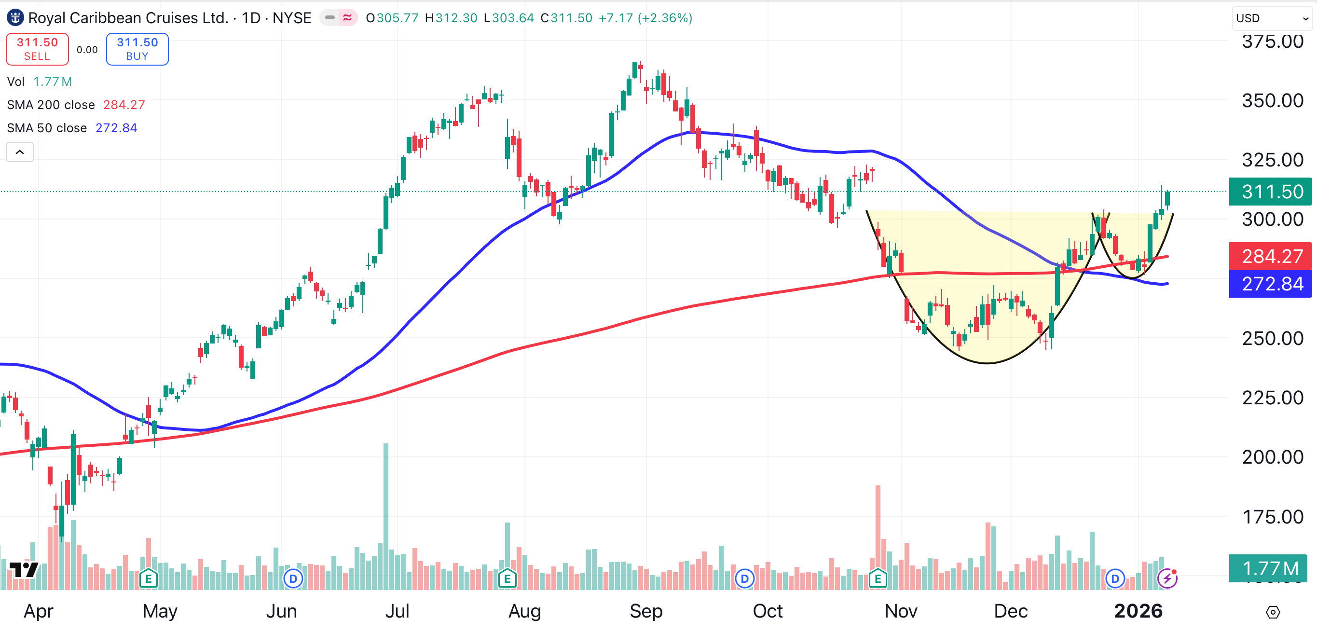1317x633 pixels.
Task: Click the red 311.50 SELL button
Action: [37, 49]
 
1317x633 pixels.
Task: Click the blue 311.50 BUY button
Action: [137, 49]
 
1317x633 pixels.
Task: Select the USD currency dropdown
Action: [1271, 18]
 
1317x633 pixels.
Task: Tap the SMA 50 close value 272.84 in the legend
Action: [116, 128]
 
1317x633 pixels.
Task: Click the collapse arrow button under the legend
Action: [20, 152]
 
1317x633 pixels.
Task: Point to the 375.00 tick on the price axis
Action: [1272, 41]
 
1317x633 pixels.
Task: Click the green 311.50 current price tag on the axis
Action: [1271, 192]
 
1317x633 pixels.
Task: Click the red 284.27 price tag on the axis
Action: [1271, 256]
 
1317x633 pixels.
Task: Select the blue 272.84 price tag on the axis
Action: [1271, 284]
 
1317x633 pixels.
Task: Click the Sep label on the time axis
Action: [646, 611]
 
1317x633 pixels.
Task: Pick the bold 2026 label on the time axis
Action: [1138, 611]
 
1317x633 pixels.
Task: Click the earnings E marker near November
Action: [878, 579]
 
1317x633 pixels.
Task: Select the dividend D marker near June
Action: [293, 579]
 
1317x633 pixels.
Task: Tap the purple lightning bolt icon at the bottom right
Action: [1167, 578]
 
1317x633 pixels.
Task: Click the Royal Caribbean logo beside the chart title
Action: [15, 18]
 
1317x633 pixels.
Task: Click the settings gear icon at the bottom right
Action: [1273, 612]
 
